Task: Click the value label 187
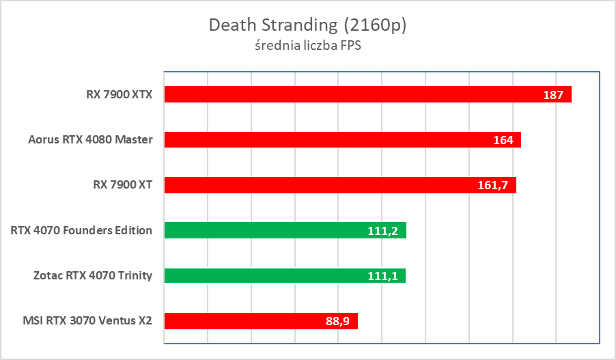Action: [553, 95]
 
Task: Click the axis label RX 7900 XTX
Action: [115, 94]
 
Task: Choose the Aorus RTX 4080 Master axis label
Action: [90, 140]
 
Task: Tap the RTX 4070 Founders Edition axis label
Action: [81, 230]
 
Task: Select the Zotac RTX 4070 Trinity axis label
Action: [93, 276]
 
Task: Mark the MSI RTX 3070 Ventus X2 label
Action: [86, 321]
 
